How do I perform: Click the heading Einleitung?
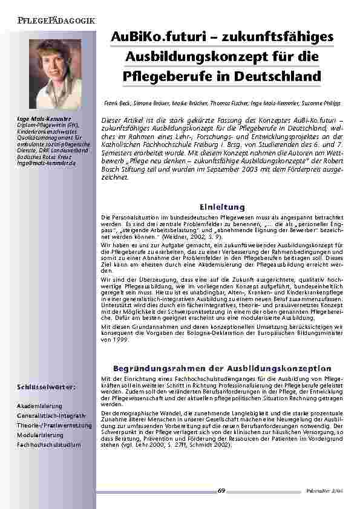click(x=222, y=206)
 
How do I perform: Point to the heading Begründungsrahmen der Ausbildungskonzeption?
click(x=222, y=368)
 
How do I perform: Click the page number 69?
click(x=221, y=490)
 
